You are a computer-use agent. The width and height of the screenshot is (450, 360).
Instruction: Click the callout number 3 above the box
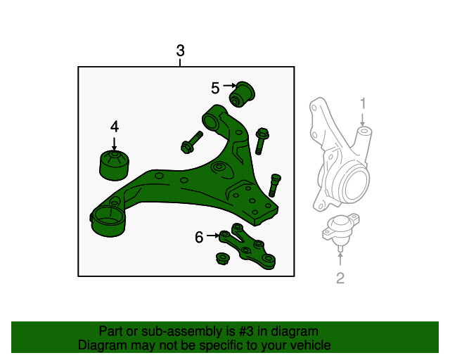point(180,51)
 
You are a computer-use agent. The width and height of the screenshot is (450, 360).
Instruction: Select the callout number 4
point(115,127)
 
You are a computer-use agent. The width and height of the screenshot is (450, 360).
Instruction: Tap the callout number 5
point(215,88)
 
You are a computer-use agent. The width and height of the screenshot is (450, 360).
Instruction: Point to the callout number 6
point(199,238)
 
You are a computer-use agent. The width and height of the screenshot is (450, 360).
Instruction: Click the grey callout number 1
point(363,103)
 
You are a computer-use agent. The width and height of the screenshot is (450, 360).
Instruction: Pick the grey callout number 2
point(340,278)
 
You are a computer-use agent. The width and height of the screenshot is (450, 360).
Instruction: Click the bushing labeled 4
point(114,165)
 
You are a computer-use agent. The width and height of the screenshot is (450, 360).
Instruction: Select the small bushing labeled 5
point(243,94)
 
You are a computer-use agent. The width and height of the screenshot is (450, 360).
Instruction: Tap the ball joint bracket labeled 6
point(247,246)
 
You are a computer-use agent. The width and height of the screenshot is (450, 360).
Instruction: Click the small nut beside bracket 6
point(221,258)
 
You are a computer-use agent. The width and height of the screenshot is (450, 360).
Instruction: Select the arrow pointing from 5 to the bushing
point(230,85)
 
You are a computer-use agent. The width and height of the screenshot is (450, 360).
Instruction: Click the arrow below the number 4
point(115,144)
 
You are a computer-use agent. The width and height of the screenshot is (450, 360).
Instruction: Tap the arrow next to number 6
point(213,236)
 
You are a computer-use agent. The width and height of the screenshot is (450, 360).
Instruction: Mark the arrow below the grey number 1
point(363,120)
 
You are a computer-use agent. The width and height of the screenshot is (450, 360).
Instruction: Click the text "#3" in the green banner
point(246,331)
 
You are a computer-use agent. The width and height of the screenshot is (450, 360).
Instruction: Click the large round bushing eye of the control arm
point(108,221)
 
